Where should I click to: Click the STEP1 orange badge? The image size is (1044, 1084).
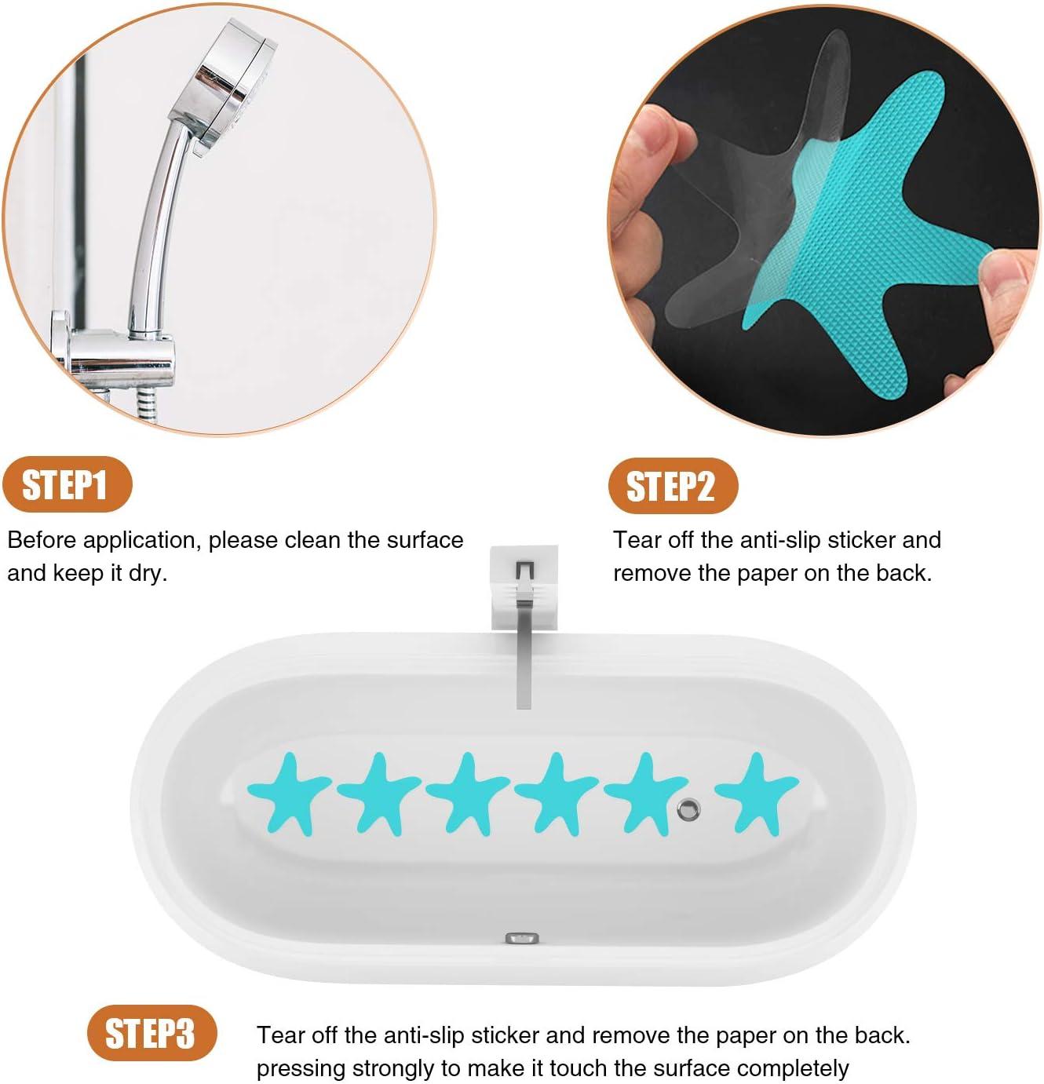click(x=66, y=485)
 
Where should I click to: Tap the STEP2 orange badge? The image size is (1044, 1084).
click(x=672, y=487)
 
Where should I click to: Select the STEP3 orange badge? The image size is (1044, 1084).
click(x=151, y=1033)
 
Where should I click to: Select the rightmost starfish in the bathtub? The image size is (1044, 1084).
click(x=755, y=789)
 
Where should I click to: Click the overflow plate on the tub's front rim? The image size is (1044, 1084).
click(x=523, y=937)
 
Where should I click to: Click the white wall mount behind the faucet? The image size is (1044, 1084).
click(x=524, y=585)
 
